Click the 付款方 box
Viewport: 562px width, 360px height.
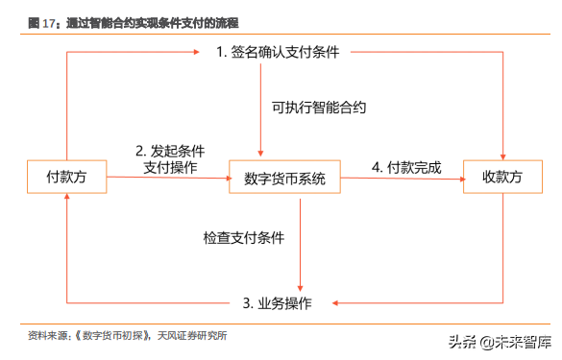click(x=67, y=178)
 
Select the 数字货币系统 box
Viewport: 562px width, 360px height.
click(x=285, y=179)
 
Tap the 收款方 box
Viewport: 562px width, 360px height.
click(x=501, y=178)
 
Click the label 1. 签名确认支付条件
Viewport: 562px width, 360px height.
click(x=278, y=52)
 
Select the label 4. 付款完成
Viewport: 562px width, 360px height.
click(x=405, y=167)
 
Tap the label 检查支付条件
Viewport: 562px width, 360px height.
click(x=244, y=236)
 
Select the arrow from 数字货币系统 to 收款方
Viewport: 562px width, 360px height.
click(x=403, y=179)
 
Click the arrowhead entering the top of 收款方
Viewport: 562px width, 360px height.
click(x=503, y=156)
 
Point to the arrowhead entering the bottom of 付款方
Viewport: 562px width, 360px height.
click(x=67, y=198)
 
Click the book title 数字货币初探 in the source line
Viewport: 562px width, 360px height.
click(x=112, y=336)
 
